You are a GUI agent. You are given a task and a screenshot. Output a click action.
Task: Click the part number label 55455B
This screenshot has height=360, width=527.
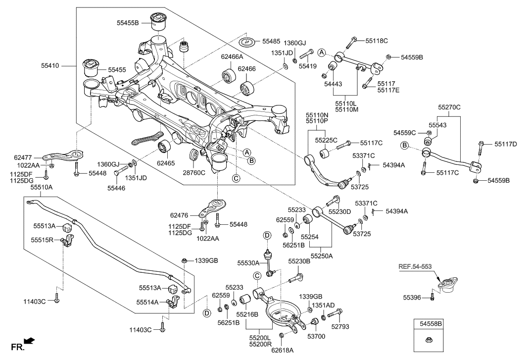[128, 22]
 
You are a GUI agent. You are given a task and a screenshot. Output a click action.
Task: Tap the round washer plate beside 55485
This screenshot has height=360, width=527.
[250, 42]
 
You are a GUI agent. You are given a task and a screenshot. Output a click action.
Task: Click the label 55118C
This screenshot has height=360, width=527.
[377, 40]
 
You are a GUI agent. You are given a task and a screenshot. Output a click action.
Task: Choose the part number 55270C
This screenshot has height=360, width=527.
[449, 106]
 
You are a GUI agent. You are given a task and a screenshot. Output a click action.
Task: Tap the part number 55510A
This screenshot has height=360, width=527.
[42, 188]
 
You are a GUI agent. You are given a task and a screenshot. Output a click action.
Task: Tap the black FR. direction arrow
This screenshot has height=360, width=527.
[30, 341]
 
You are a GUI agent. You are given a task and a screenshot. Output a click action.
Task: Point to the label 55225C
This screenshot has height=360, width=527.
[327, 140]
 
